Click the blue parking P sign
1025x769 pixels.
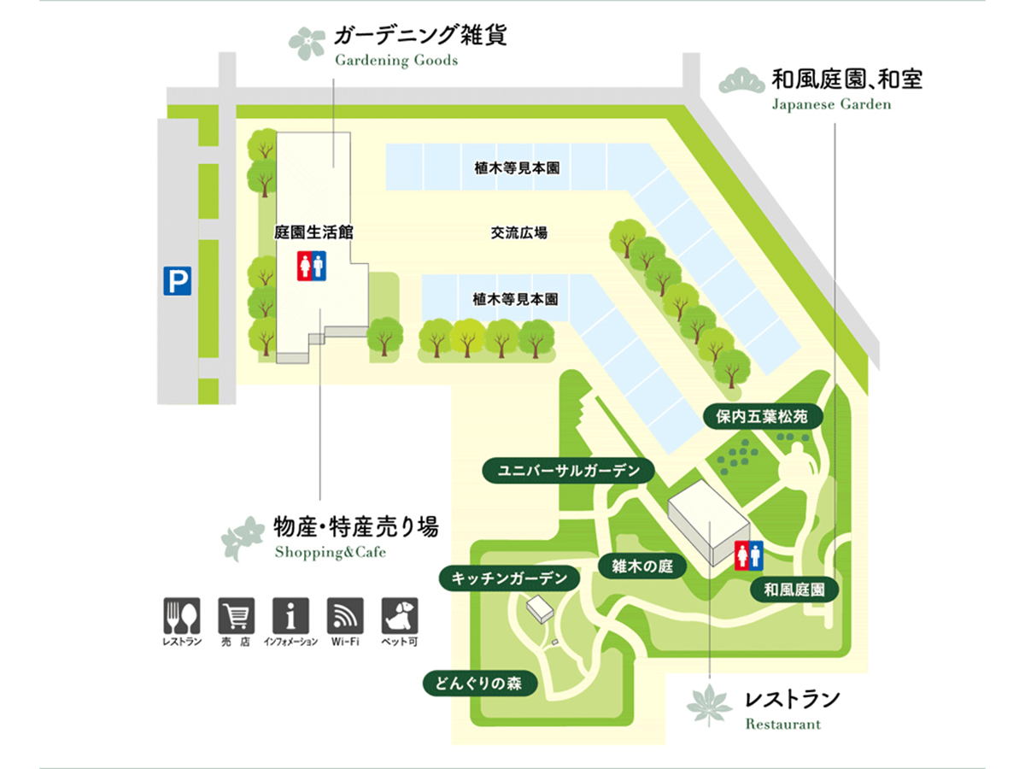pyautogui.click(x=177, y=281)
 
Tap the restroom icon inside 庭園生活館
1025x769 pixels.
pyautogui.click(x=311, y=266)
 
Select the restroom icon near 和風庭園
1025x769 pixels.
pyautogui.click(x=749, y=555)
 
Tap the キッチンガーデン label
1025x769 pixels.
pyautogui.click(x=509, y=578)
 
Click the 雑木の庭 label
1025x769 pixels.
pyautogui.click(x=642, y=566)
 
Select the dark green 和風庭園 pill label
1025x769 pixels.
pyautogui.click(x=794, y=590)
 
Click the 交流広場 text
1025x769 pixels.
pyautogui.click(x=518, y=232)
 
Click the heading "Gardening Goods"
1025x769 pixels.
pyautogui.click(x=396, y=61)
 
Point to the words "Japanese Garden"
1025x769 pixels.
pyautogui.click(x=831, y=105)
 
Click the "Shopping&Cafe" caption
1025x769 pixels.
pyautogui.click(x=331, y=552)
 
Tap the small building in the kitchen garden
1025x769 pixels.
pyautogui.click(x=540, y=609)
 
